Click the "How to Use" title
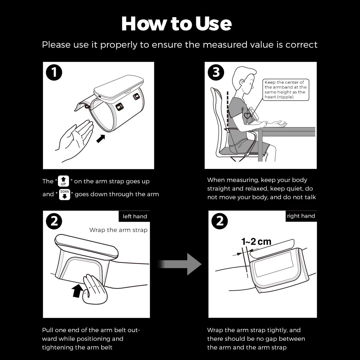176,23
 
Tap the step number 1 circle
54,73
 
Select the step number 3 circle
216,73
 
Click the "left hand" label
135,216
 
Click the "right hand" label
301,216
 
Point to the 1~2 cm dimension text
256,241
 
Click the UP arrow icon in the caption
64,181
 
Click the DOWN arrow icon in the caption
64,194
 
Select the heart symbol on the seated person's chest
247,115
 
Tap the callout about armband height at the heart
285,89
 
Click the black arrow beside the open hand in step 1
101,139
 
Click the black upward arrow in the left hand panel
77,291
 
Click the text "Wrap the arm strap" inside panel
118,230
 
